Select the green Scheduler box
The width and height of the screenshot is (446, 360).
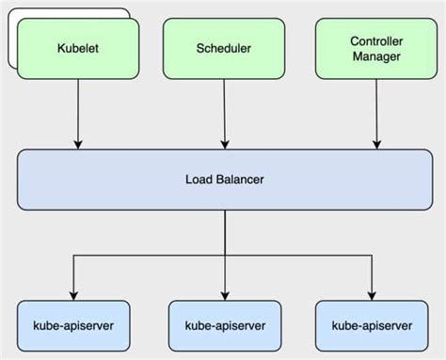(x=224, y=49)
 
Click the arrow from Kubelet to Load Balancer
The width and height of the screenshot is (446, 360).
(x=76, y=113)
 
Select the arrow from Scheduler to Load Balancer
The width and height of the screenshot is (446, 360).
(x=224, y=113)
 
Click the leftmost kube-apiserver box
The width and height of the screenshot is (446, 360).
(x=76, y=325)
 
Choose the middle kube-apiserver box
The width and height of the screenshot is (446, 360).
(x=224, y=325)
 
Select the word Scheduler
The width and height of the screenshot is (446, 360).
(x=224, y=49)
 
